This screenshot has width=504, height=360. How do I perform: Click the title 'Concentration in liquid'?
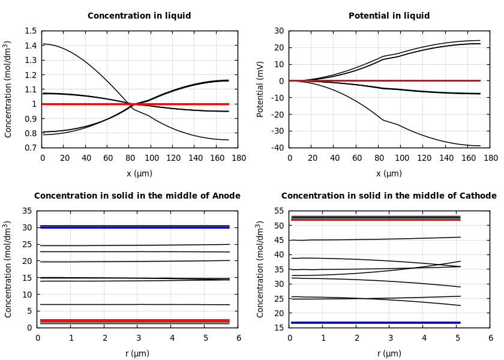(x=139, y=16)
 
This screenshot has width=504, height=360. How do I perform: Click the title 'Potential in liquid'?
(x=389, y=16)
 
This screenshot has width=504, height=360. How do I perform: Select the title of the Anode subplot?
(x=137, y=196)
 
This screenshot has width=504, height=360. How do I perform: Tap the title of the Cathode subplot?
(x=389, y=196)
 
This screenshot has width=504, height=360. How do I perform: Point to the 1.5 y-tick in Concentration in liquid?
(x=30, y=31)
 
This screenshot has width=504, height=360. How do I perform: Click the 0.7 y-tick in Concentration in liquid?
(x=30, y=148)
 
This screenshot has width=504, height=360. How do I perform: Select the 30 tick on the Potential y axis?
(x=279, y=31)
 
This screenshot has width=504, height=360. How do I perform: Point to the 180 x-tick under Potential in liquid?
(x=490, y=158)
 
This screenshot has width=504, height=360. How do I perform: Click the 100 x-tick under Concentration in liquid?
(x=152, y=158)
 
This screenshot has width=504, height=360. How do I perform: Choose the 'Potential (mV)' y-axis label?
(x=260, y=89)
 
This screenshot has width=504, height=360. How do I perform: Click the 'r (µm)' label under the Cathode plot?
(x=389, y=353)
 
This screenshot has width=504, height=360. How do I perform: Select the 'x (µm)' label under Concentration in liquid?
(x=139, y=173)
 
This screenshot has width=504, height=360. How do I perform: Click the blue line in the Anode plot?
(x=138, y=227)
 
